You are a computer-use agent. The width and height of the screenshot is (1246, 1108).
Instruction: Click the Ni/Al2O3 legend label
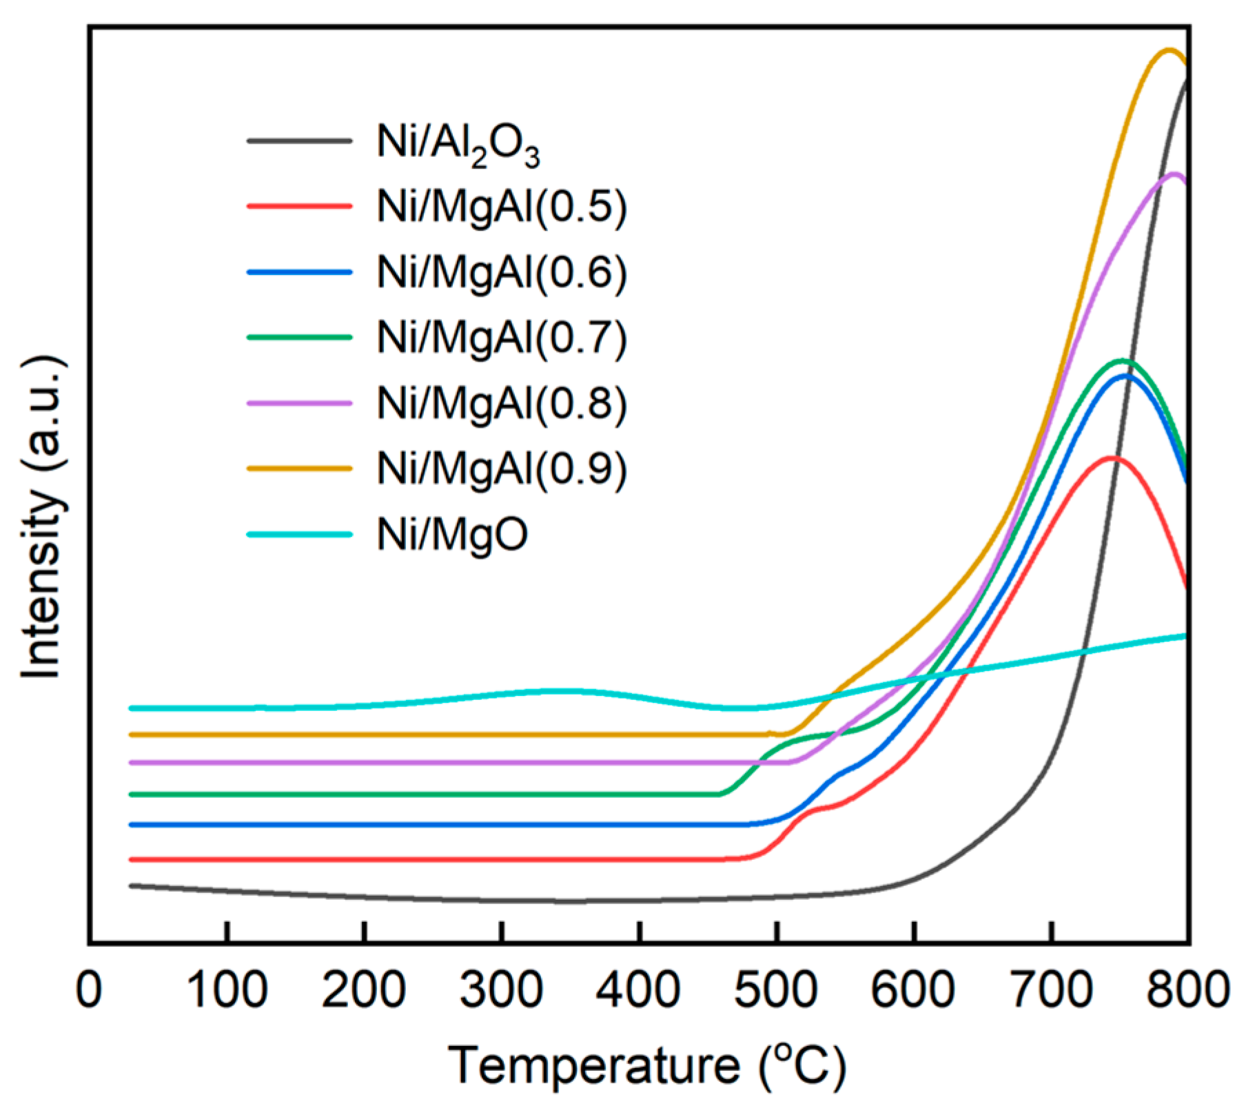458,145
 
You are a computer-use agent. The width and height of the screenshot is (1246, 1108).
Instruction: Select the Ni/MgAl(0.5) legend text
502,206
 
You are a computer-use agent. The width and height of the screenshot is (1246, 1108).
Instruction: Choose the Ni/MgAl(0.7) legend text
502,338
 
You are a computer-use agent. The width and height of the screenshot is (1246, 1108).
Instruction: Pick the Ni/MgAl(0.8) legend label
502,403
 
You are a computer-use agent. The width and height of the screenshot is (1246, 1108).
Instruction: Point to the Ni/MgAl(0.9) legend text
502,469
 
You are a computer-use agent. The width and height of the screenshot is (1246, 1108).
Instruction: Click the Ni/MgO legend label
452,534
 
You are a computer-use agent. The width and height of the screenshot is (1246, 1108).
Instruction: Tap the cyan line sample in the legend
300,534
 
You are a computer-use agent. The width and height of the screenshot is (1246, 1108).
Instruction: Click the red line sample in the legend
300,206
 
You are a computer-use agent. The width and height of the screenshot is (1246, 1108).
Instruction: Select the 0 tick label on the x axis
89,990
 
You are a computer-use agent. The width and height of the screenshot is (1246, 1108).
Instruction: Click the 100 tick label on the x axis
227,990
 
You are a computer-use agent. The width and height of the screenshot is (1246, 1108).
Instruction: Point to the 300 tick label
502,990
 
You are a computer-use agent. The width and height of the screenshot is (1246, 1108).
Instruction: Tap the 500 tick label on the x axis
776,990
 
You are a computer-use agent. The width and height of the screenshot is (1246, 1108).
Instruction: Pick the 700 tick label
1051,990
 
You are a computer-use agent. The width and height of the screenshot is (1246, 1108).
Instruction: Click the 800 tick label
1187,990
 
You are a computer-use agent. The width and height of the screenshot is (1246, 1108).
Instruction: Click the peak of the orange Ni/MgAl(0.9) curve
1169,50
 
